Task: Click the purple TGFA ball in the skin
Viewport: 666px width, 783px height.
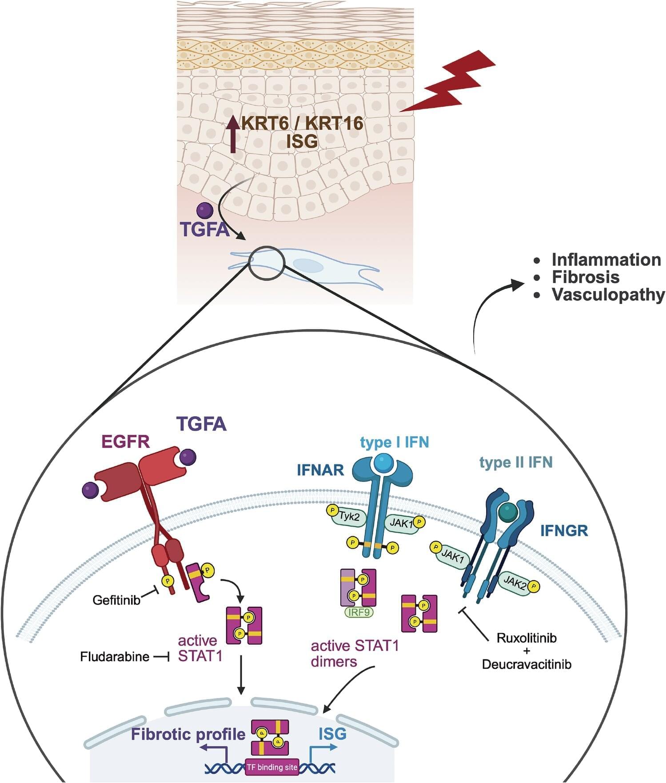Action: tap(205, 210)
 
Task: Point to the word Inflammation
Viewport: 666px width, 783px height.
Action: tap(606, 260)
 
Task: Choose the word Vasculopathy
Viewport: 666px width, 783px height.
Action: tap(608, 294)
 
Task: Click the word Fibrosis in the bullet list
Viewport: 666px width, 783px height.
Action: tap(585, 277)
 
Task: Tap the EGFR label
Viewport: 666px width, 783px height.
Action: tap(126, 442)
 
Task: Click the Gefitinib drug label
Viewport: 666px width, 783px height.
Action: tap(116, 600)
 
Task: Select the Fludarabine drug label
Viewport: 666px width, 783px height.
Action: tap(115, 657)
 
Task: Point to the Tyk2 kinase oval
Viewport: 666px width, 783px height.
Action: tap(349, 517)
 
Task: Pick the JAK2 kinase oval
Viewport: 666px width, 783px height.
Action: tap(515, 582)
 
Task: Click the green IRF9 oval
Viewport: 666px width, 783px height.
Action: tap(359, 612)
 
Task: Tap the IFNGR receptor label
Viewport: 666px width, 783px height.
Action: tap(564, 530)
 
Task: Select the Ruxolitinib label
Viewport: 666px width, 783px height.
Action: tap(526, 638)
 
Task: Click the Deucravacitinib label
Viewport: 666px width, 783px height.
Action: tap(526, 665)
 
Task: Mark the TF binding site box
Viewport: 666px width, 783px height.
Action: tap(271, 767)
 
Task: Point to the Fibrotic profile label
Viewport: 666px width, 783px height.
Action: tap(188, 734)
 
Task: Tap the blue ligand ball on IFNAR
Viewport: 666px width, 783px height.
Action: tap(383, 463)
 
